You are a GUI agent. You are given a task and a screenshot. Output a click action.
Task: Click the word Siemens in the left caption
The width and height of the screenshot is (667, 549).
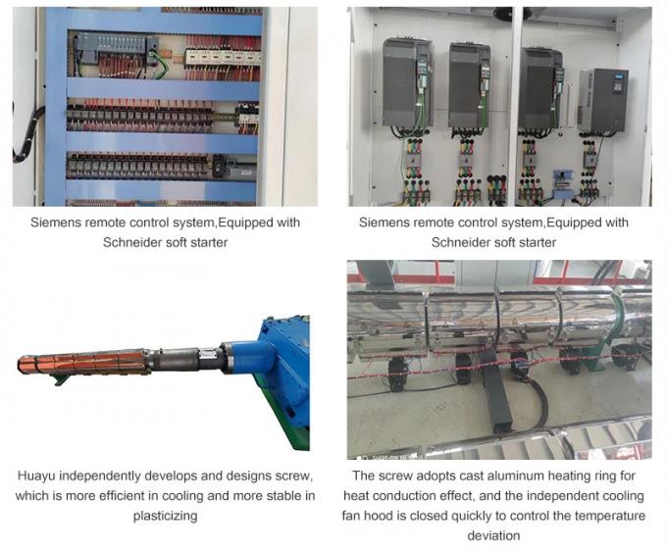[x=59, y=223]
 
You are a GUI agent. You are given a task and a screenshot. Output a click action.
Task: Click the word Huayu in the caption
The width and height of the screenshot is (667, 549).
[x=38, y=475]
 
